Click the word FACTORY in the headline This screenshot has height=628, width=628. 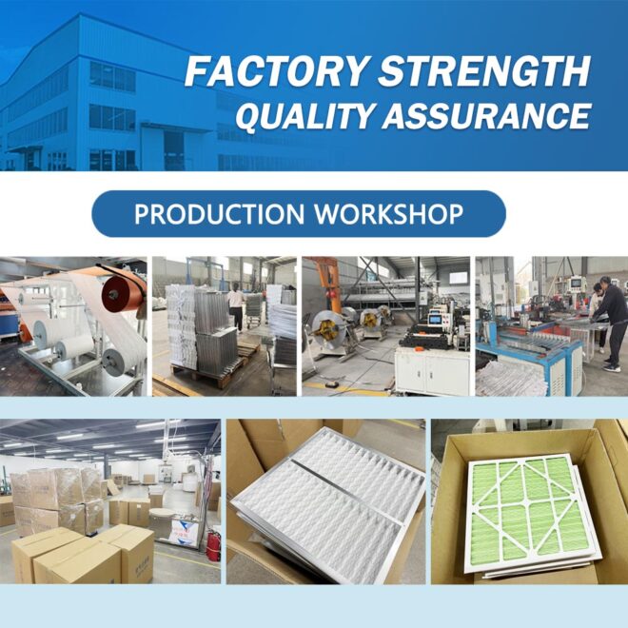coord(276,71)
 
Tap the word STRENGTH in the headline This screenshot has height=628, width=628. coord(484,71)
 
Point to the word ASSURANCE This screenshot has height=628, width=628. coord(486,115)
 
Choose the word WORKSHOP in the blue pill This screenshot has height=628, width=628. coord(389,214)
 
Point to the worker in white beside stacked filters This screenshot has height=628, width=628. coord(236,306)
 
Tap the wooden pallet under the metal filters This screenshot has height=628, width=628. coord(208,375)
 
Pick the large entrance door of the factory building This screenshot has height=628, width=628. coord(173,150)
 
